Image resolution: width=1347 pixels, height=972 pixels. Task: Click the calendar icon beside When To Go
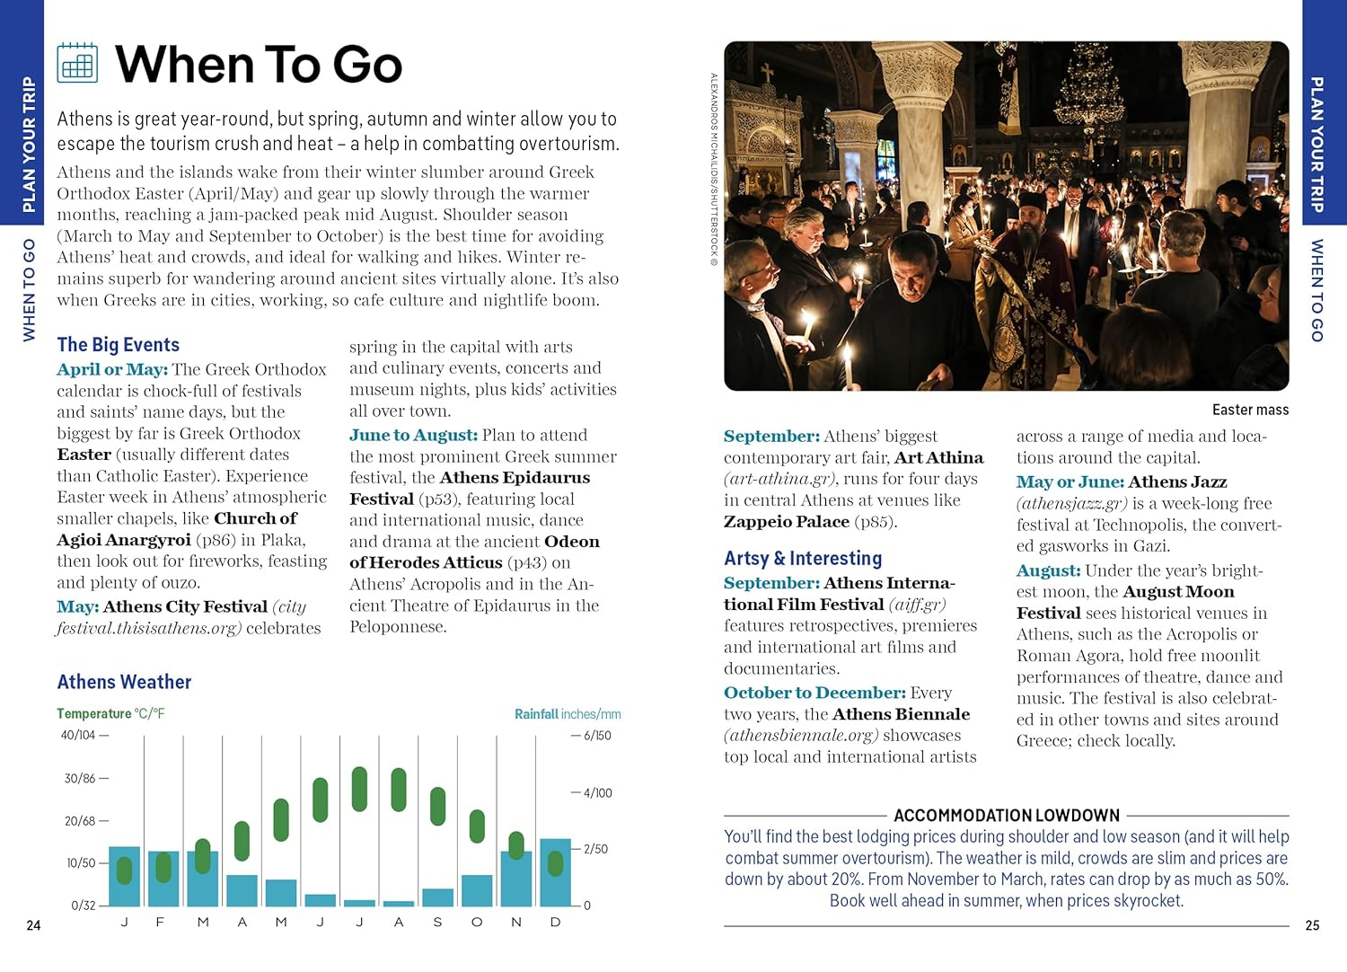coord(77,63)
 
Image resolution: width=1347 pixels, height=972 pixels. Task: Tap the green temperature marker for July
coord(359,789)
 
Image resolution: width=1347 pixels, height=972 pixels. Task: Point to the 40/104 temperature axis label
coord(78,735)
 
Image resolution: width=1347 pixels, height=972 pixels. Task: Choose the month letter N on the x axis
coord(516,923)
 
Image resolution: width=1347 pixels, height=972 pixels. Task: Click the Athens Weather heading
coord(124,682)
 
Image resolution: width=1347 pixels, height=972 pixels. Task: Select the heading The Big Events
coord(118,345)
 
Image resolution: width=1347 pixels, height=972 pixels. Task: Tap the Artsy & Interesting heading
coord(803,558)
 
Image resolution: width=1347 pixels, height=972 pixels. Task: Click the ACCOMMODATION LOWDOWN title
coord(1006,816)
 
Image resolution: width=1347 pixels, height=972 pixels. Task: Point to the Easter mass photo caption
coord(1250,410)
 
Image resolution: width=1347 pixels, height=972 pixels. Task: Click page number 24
coord(33,925)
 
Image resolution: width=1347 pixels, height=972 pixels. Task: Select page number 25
coord(1312,925)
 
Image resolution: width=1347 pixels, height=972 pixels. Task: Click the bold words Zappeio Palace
coord(787,522)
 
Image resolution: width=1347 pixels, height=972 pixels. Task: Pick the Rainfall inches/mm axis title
coord(568,714)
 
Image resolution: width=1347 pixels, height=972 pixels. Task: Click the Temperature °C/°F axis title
coord(110,714)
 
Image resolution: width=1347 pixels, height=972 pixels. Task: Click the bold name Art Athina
coord(938,457)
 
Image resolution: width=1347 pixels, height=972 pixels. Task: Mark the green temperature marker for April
coord(242,841)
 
